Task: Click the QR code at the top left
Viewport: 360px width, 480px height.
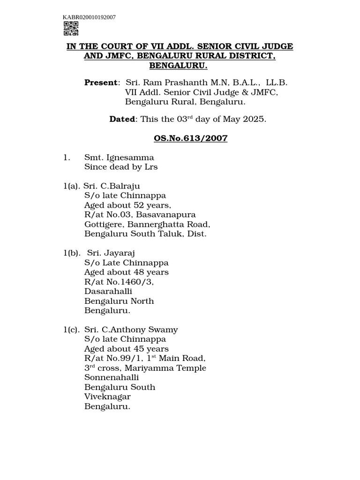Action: coord(70,29)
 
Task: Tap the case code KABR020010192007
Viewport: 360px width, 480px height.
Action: coord(90,17)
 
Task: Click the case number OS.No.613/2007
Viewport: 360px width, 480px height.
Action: coord(191,138)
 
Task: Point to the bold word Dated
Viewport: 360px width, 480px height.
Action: coord(122,119)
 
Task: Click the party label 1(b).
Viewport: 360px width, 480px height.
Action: coord(72,253)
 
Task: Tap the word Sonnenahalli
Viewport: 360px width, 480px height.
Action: coord(112,377)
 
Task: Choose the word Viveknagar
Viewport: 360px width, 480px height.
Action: coord(107,397)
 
